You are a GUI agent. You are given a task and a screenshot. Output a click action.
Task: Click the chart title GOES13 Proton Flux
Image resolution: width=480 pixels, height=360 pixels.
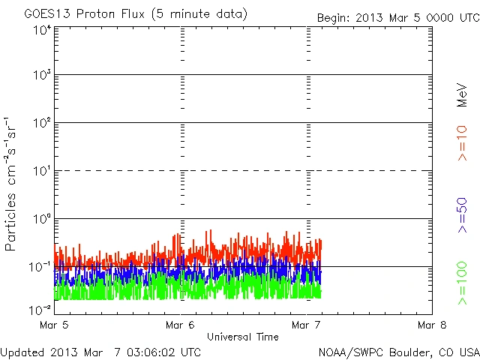tap(125, 14)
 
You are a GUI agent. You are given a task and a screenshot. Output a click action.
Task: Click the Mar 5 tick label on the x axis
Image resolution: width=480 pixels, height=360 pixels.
tap(55, 325)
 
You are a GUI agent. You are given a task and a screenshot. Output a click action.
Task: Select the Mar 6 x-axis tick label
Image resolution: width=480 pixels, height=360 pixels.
tap(180, 325)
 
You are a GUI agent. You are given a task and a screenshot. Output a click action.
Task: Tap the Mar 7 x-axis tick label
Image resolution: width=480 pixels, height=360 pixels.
tap(306, 325)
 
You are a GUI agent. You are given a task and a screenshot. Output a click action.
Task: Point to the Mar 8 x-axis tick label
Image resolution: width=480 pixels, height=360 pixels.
tap(431, 325)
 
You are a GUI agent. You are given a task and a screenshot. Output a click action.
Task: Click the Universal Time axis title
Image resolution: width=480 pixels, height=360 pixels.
tap(242, 337)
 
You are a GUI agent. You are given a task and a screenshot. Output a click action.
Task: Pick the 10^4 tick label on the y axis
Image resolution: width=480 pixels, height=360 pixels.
tap(42, 29)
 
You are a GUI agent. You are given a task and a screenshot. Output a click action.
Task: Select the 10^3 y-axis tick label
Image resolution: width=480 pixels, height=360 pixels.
tap(42, 76)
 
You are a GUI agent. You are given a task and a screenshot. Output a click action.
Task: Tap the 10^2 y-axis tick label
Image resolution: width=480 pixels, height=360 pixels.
tap(42, 124)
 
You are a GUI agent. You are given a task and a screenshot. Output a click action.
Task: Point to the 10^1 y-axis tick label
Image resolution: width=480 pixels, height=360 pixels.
tap(42, 172)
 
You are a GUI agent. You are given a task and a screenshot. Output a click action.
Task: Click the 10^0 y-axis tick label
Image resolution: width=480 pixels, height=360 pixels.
tap(42, 220)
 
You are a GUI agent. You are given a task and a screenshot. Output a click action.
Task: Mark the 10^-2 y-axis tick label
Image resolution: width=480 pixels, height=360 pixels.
tap(40, 309)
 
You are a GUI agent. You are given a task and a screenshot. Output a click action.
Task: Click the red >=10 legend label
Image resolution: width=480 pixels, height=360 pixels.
tap(462, 142)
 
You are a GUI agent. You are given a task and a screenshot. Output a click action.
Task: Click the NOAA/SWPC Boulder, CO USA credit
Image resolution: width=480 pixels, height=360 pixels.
tap(398, 351)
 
